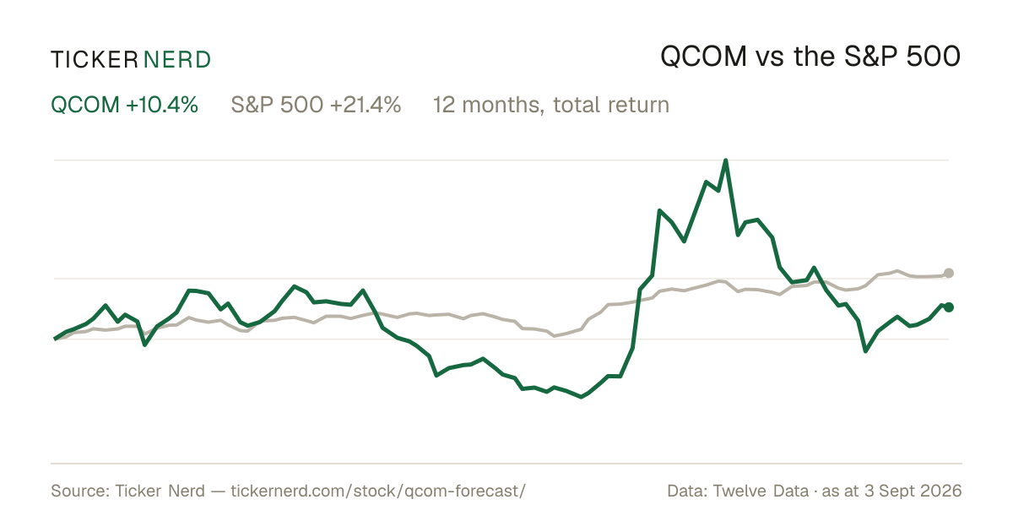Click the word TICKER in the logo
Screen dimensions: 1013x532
(x=94, y=60)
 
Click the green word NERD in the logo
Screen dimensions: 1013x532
(x=176, y=60)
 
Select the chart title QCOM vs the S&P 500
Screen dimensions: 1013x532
(x=810, y=57)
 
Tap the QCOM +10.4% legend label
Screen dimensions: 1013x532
(x=124, y=105)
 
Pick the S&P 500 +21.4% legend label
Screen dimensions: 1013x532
(x=316, y=105)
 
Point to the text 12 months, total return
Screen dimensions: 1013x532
(x=550, y=105)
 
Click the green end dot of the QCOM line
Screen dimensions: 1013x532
(x=949, y=307)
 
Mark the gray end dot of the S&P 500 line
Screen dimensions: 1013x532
(x=949, y=273)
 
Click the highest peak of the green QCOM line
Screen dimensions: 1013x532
(x=726, y=160)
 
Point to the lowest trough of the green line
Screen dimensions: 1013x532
(x=581, y=397)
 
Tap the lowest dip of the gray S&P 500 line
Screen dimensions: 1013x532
(x=555, y=336)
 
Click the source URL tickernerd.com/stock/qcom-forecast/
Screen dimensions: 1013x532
(x=378, y=491)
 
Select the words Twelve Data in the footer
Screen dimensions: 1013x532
(x=761, y=491)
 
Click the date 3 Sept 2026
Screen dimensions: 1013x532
(x=913, y=491)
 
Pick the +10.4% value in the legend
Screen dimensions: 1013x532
(x=162, y=105)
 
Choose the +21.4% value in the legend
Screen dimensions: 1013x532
(x=366, y=105)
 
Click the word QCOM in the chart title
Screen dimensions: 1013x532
(x=703, y=57)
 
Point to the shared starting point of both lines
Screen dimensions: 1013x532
(x=55, y=339)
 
